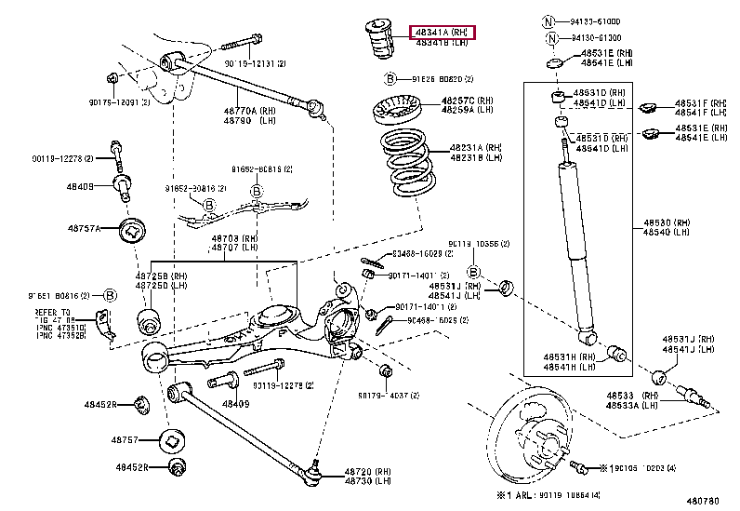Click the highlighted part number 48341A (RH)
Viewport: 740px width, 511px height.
coord(442,33)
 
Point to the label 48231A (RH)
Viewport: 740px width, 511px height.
coord(476,148)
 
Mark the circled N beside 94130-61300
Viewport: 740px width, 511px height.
coord(553,38)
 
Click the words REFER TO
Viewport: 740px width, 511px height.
coord(52,313)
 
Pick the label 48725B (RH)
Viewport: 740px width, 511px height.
coord(161,276)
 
